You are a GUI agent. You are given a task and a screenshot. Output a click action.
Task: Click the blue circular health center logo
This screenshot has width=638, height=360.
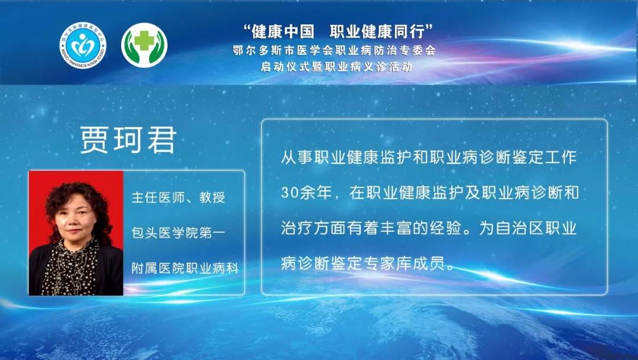click(83, 45)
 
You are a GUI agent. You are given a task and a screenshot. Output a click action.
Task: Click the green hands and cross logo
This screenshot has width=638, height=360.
click(144, 45)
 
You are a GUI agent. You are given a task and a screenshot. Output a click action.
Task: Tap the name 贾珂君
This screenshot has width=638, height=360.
click(128, 140)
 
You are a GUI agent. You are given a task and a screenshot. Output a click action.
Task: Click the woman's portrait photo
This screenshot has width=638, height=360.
click(76, 233)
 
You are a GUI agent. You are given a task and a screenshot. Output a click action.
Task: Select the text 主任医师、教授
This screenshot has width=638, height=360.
click(178, 197)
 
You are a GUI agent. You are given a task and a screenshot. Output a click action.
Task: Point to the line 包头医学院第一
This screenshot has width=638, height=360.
click(178, 233)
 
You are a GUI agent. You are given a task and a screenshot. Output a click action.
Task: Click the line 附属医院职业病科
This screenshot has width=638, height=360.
click(185, 268)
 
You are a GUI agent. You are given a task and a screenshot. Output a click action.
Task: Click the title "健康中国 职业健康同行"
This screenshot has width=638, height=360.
click(338, 31)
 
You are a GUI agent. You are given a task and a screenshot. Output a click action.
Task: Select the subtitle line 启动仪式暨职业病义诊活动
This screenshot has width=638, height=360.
click(337, 67)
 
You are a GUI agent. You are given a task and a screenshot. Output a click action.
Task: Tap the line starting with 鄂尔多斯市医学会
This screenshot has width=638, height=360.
click(334, 50)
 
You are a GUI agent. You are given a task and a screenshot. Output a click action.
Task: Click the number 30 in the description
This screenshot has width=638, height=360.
click(289, 193)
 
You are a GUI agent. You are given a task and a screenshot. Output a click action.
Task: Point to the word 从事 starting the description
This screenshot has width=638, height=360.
click(297, 157)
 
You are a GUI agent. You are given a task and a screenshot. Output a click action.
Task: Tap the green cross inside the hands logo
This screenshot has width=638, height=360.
click(144, 41)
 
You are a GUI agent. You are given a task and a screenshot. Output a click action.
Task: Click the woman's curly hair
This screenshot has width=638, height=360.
click(78, 200)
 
